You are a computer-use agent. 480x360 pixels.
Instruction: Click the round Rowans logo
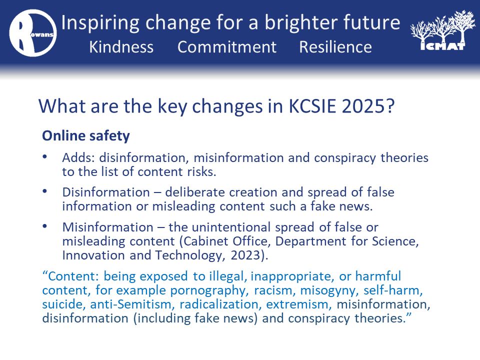(33, 33)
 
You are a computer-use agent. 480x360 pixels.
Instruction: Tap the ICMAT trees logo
(442, 30)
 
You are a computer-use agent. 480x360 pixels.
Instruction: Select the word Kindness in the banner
(121, 47)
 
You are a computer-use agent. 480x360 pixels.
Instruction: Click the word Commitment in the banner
(227, 47)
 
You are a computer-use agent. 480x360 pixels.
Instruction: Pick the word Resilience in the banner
(335, 47)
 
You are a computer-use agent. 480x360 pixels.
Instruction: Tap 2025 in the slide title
(363, 106)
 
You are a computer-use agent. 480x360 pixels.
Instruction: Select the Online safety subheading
(86, 136)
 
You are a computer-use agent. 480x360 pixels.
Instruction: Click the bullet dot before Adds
(44, 156)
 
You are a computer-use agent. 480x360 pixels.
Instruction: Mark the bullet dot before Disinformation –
(44, 191)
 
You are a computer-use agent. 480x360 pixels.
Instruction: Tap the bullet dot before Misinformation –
(44, 226)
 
